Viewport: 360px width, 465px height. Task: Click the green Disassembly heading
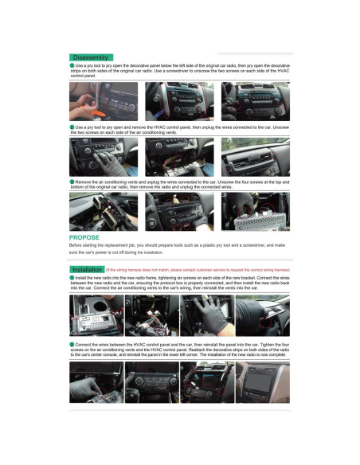tap(91, 57)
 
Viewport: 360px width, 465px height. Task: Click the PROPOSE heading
tap(84, 237)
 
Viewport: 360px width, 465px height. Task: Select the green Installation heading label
tap(87, 269)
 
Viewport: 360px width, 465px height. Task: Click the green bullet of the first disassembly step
tap(72, 65)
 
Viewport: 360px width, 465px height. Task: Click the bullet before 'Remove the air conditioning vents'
tap(72, 182)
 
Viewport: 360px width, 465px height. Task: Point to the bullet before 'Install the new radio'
tap(72, 277)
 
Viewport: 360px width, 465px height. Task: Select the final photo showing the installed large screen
tap(263, 382)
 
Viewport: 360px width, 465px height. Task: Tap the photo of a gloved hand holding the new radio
tap(209, 316)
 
